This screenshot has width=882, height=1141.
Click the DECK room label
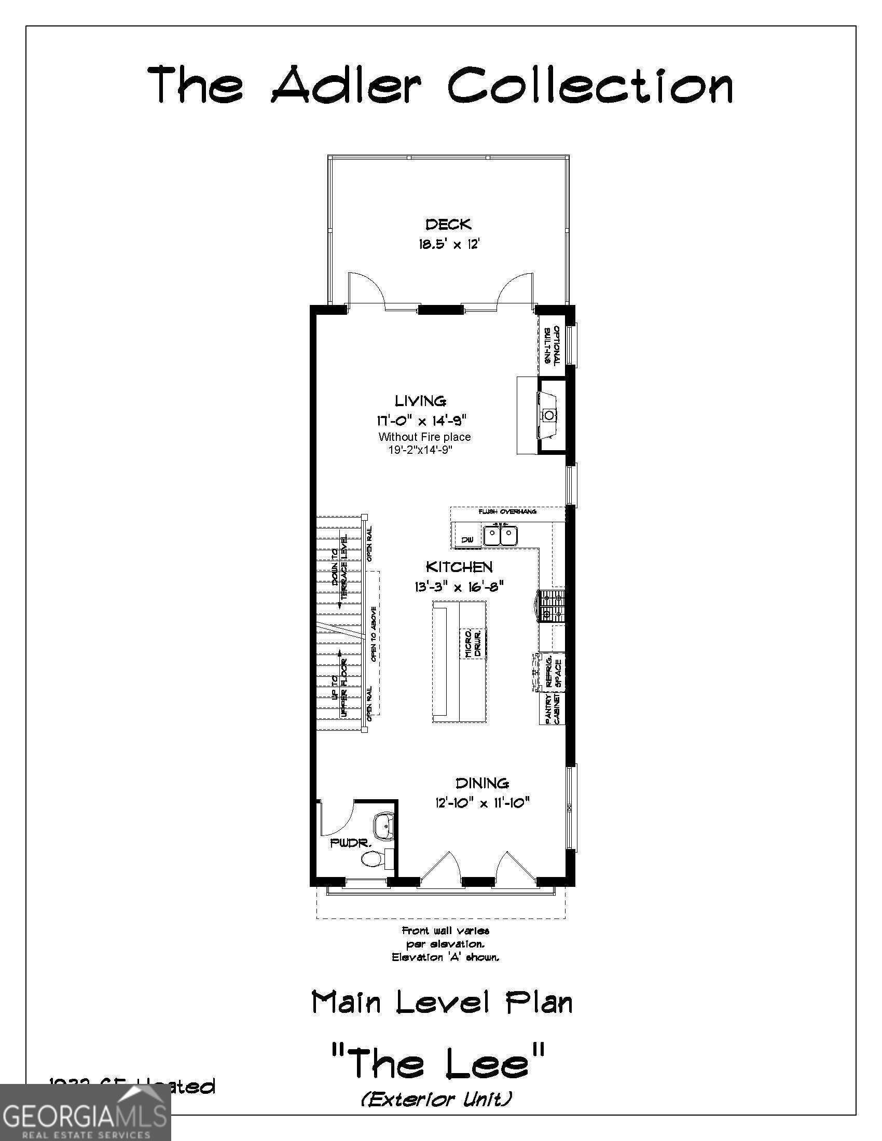tap(448, 225)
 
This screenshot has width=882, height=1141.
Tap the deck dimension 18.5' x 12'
tap(448, 244)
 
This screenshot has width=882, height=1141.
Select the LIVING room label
tap(420, 401)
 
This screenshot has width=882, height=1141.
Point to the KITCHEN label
tap(459, 567)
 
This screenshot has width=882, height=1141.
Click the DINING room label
tap(482, 783)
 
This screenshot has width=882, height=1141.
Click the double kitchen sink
tap(500, 536)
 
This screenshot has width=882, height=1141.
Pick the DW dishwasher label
tap(467, 540)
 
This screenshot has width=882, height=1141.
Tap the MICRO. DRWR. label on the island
tap(472, 643)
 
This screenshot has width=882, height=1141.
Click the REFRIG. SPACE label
tap(554, 672)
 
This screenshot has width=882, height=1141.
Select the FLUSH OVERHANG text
tap(507, 511)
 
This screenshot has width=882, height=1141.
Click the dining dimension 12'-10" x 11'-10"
tap(483, 802)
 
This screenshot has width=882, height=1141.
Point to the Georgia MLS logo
tap(85, 1112)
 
